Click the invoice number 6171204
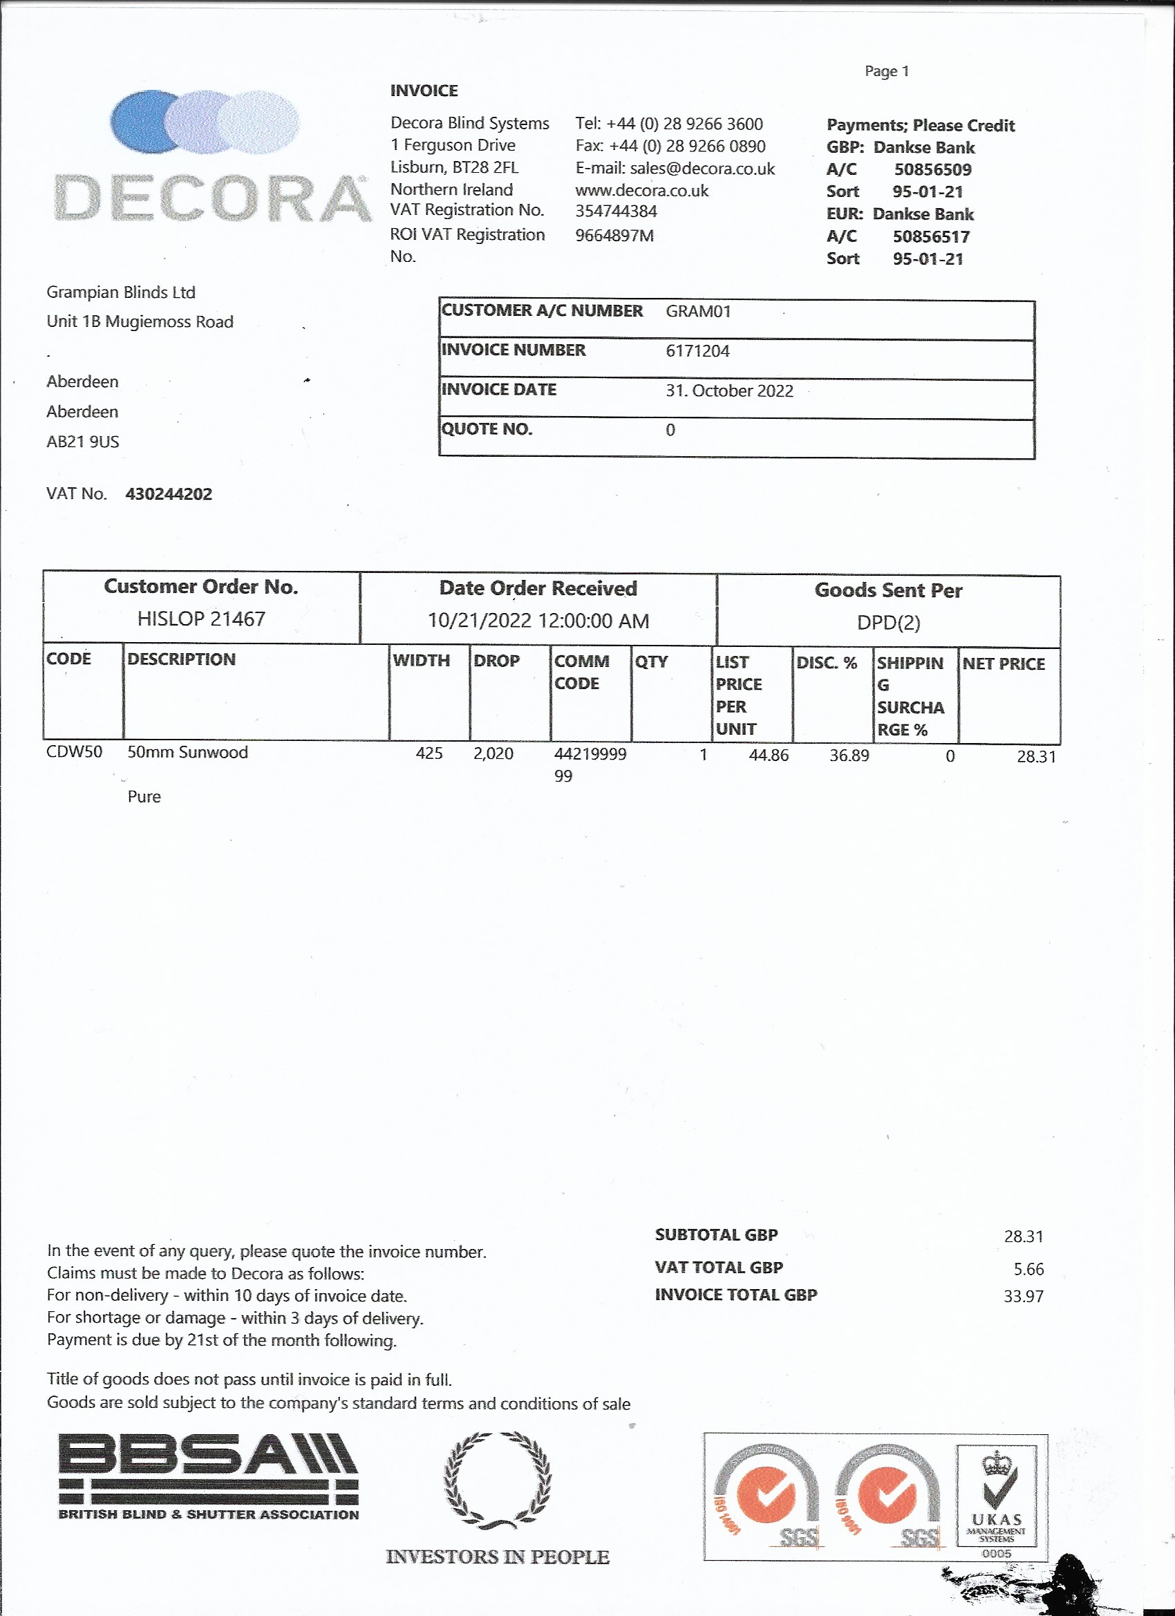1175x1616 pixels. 697,350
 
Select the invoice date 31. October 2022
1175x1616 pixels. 729,391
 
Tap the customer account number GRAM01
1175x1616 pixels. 698,311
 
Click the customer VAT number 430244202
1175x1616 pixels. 169,494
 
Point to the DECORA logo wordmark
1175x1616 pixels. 212,198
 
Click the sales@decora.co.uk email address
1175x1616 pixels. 702,169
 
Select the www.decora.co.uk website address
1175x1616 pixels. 642,191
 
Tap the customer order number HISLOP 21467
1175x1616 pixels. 201,619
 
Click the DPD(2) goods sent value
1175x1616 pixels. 888,623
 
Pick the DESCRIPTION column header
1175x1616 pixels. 181,659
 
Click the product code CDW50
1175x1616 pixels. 74,753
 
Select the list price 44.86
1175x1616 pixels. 768,755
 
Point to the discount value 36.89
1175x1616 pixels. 849,755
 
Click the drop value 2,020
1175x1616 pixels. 493,754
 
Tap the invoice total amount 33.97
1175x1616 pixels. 1023,1296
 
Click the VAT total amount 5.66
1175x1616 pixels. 1028,1269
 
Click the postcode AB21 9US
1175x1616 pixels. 83,442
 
